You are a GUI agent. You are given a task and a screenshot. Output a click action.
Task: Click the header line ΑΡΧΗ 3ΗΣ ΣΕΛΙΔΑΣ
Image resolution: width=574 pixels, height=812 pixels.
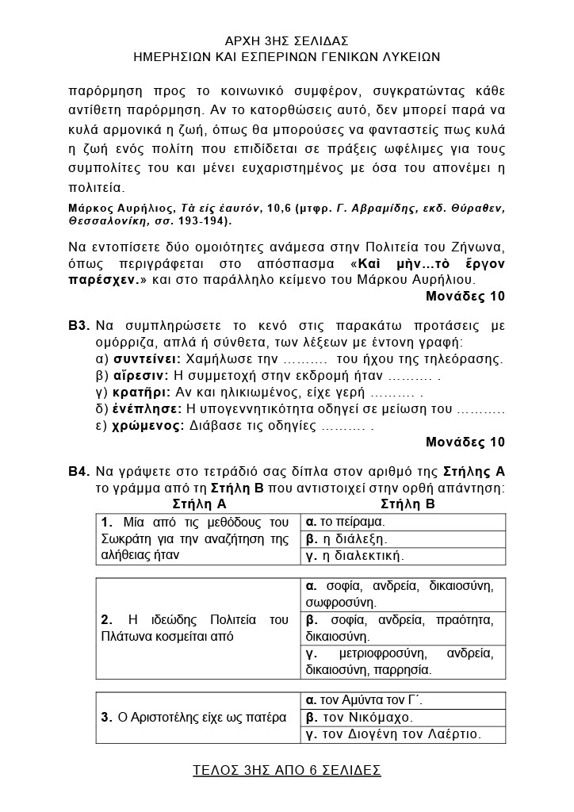pos(287,40)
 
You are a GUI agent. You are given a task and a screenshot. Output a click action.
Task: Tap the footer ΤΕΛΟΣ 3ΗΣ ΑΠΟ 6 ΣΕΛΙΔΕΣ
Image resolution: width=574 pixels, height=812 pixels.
pos(287,769)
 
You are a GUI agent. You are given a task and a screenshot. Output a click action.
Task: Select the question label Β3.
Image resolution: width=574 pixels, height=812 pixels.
pos(78,326)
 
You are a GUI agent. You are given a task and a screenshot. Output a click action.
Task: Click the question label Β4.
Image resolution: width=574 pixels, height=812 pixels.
pos(78,471)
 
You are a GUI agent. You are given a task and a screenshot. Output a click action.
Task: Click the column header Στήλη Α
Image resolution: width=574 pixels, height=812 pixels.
pos(200,504)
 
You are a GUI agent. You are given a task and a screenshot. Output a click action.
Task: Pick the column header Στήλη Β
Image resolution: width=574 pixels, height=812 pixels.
pos(408,504)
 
